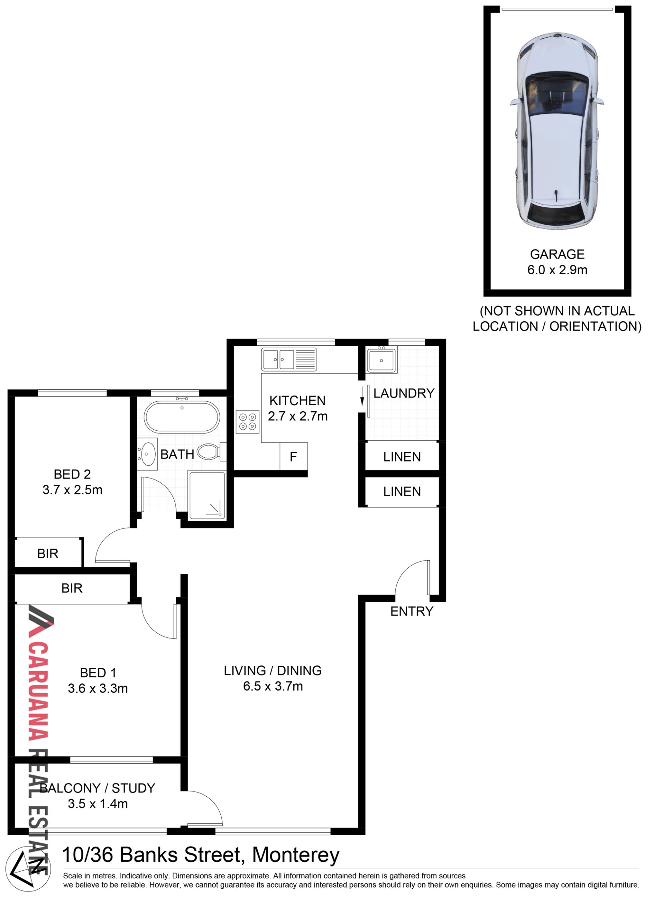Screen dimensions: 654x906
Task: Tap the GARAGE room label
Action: pos(557,254)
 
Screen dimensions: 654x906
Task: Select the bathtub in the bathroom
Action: pos(182,417)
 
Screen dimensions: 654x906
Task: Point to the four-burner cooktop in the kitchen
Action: pos(248,422)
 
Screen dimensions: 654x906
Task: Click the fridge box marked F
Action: pos(294,457)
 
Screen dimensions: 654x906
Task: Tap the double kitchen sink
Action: pos(289,360)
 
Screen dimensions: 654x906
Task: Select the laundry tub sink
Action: pos(382,360)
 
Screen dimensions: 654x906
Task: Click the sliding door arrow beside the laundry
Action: pos(362,396)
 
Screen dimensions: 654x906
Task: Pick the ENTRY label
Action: pos(412,611)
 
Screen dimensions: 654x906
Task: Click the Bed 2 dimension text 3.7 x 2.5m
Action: pos(73,490)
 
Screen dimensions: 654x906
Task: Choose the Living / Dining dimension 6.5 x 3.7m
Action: pos(273,686)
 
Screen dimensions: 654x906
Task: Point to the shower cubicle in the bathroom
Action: pos(207,495)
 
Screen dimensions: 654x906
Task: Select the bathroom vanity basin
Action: pos(148,454)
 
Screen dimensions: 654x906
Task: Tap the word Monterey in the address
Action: pos(296,855)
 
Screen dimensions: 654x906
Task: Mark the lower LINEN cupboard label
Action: pos(402,491)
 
